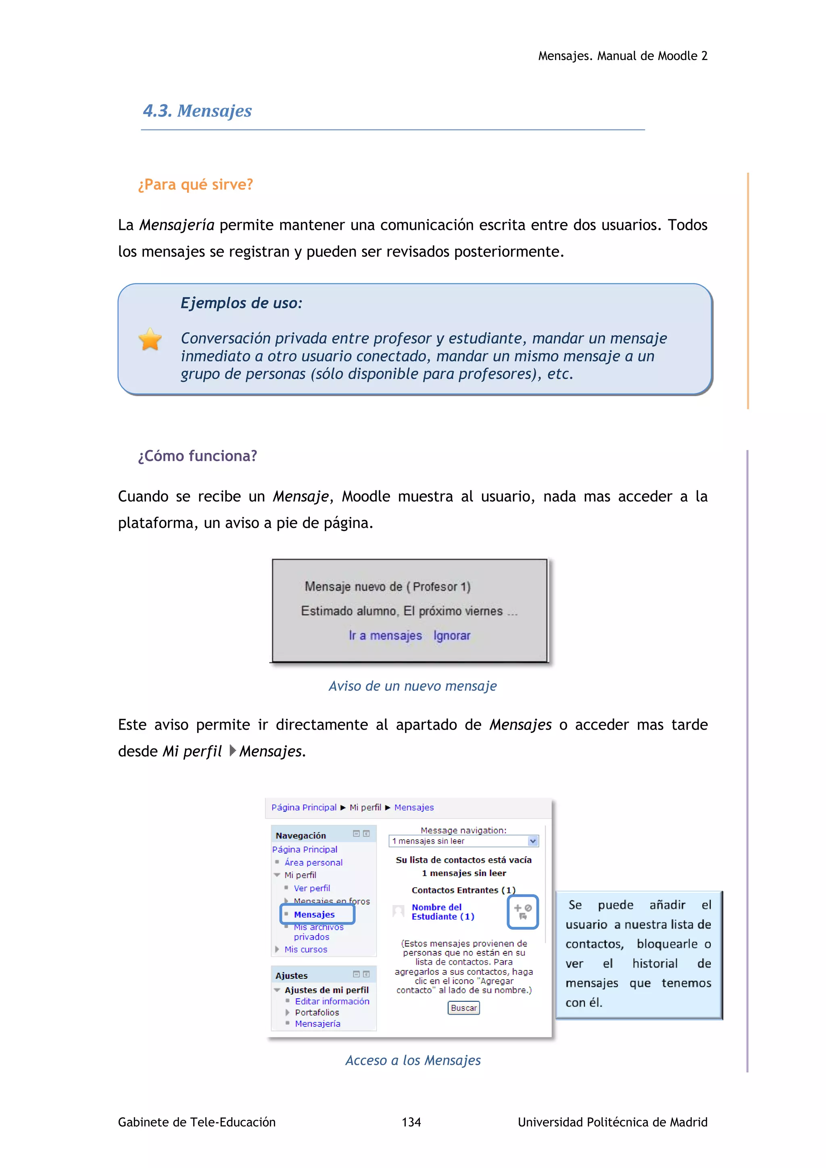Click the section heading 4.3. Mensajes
click(x=197, y=111)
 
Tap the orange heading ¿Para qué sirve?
click(x=195, y=184)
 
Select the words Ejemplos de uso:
click(x=241, y=303)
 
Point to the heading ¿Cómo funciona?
click(x=197, y=456)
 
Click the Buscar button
click(x=463, y=1008)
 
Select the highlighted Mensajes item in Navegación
click(x=314, y=914)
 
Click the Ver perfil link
click(x=312, y=888)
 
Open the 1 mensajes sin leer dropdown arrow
click(x=532, y=841)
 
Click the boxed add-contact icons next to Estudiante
click(x=523, y=911)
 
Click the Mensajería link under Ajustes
click(x=317, y=1024)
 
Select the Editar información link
click(x=332, y=1001)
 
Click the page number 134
click(x=411, y=1122)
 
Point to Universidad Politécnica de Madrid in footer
click(x=612, y=1122)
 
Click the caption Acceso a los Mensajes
click(x=413, y=1060)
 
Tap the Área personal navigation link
click(x=313, y=862)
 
